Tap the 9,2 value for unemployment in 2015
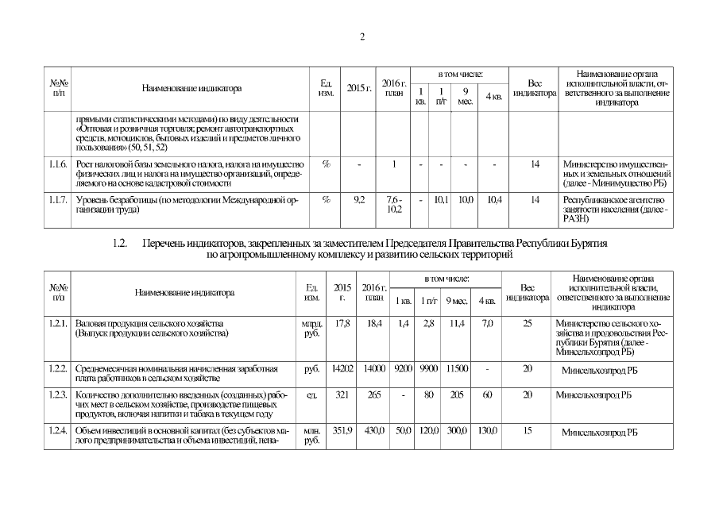click(x=358, y=200)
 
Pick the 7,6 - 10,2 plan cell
click(x=393, y=206)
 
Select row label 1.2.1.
click(x=58, y=324)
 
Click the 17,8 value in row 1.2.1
click(x=343, y=324)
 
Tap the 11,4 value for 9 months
click(x=456, y=324)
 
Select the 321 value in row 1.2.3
click(x=343, y=394)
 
